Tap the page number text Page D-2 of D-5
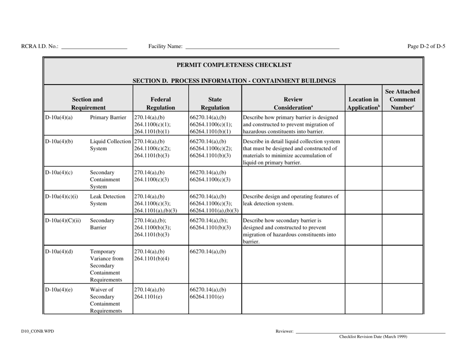(426, 46)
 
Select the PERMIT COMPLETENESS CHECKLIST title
(233, 64)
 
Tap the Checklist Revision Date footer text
(373, 337)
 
